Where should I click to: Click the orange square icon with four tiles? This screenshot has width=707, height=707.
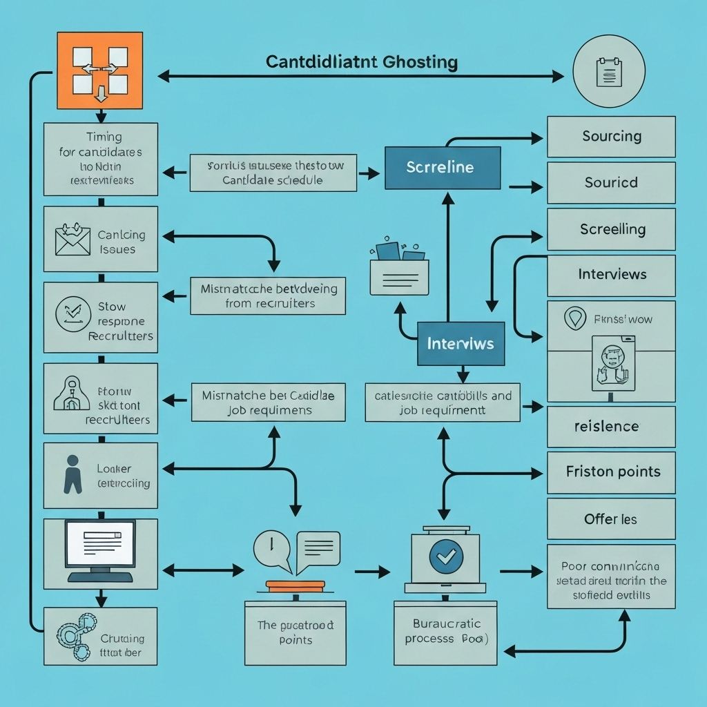pyautogui.click(x=99, y=70)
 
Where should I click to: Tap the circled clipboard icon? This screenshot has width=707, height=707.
pyautogui.click(x=609, y=71)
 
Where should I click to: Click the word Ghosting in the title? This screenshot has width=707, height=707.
pyautogui.click(x=421, y=62)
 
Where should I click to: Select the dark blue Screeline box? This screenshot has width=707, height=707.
pyautogui.click(x=441, y=168)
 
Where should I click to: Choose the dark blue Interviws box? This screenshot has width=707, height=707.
pyautogui.click(x=461, y=343)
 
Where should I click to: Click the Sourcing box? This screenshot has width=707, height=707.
pyautogui.click(x=611, y=136)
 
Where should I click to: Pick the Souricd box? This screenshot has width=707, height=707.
pyautogui.click(x=611, y=183)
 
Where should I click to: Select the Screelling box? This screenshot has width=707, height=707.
pyautogui.click(x=611, y=229)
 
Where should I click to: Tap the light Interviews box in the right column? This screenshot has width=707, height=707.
pyautogui.click(x=611, y=275)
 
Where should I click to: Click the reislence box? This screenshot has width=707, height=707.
pyautogui.click(x=611, y=426)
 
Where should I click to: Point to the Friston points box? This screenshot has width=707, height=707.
pyautogui.click(x=611, y=472)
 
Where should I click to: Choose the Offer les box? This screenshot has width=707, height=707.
pyautogui.click(x=611, y=519)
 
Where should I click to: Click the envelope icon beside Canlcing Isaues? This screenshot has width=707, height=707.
pyautogui.click(x=73, y=240)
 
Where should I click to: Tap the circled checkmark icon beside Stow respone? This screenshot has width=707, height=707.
pyautogui.click(x=72, y=314)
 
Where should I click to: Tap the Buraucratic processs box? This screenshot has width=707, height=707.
pyautogui.click(x=445, y=631)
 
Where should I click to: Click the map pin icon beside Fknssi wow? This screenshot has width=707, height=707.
pyautogui.click(x=574, y=318)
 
